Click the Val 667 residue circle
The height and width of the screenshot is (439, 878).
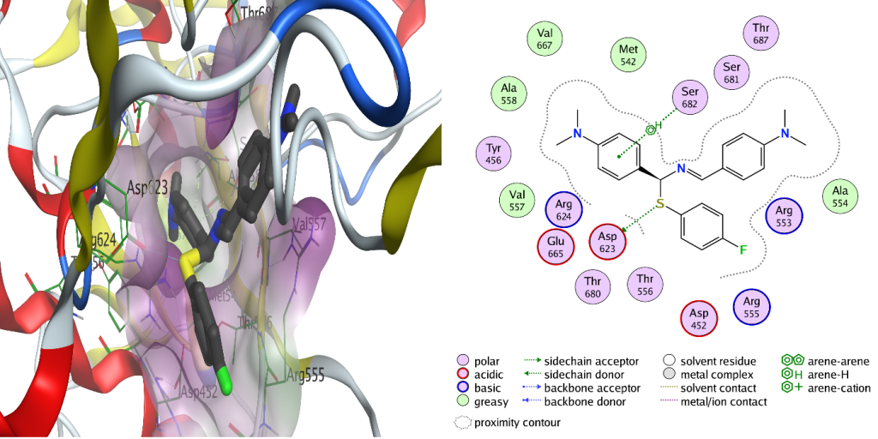click(544, 39)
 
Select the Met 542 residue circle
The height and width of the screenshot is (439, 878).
click(628, 56)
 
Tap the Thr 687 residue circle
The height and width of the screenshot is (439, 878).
click(761, 34)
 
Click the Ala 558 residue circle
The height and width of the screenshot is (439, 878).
click(509, 93)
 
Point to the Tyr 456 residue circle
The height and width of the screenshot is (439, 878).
click(494, 154)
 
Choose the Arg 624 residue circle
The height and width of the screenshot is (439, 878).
click(564, 209)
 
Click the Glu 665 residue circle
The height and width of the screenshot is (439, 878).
click(555, 248)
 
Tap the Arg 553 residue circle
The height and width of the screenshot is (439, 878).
click(782, 216)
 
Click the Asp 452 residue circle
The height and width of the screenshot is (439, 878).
click(699, 318)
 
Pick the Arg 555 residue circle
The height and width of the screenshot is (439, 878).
click(752, 307)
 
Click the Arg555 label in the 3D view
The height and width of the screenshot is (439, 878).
click(307, 376)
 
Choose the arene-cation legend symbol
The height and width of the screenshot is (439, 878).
click(792, 388)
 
